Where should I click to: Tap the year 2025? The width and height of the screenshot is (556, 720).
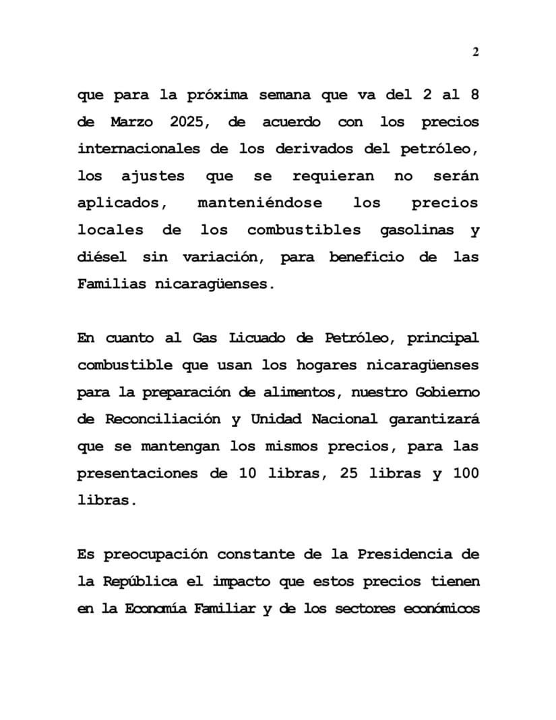point(190,122)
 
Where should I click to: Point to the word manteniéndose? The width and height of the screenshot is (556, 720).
point(259,203)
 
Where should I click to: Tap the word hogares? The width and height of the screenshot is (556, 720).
point(326,365)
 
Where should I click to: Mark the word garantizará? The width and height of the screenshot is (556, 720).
point(434,419)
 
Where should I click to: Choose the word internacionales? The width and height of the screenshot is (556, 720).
point(138,149)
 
